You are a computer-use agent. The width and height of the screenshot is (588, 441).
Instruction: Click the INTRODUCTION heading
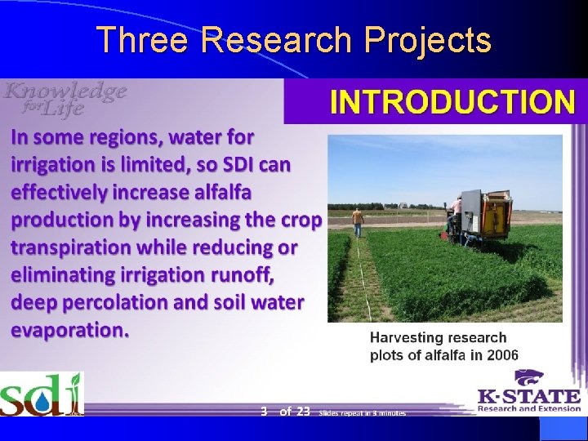tap(452, 102)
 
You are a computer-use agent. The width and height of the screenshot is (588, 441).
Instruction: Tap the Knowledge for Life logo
tap(65, 100)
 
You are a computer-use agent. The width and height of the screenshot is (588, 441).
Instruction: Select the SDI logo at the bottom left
tap(41, 394)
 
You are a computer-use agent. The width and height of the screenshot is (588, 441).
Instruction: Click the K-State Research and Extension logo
tap(528, 392)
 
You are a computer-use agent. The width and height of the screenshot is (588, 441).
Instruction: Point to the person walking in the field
tap(357, 221)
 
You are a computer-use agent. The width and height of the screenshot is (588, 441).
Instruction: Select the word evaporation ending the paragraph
tap(69, 330)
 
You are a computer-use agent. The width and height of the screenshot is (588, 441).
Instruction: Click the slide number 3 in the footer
tap(264, 412)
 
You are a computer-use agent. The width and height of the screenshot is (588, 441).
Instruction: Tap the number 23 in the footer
tap(302, 412)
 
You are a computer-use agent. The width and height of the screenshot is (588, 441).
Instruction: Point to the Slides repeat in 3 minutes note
tap(363, 413)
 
